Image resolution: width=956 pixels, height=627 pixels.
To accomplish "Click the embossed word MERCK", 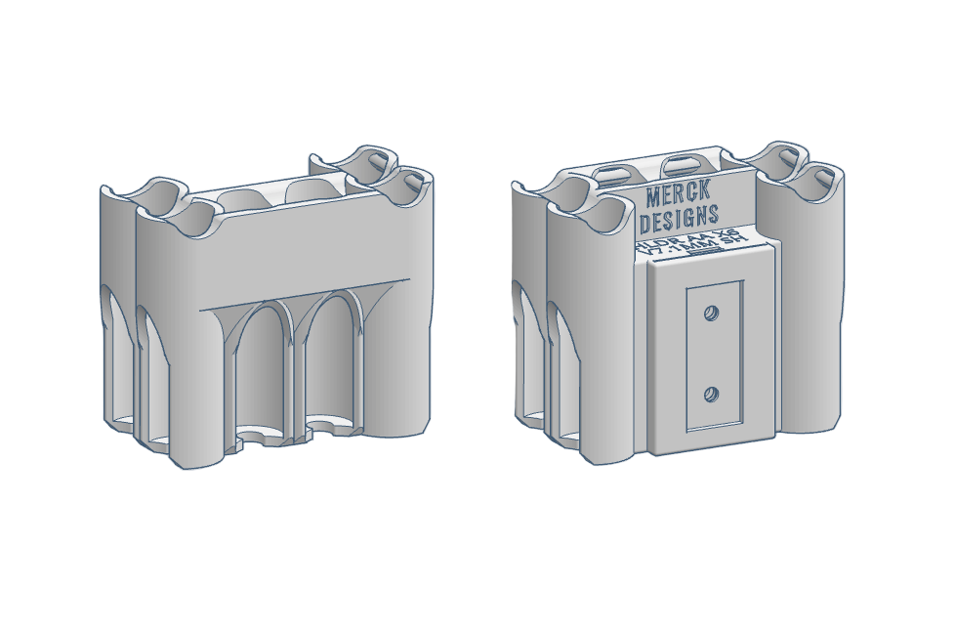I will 681,194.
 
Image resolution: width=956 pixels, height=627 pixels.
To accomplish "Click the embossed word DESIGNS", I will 682,216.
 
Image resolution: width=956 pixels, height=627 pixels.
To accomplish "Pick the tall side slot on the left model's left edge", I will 110,361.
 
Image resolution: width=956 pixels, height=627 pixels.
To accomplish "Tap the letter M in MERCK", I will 652,198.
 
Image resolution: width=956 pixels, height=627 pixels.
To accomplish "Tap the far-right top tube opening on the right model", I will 818,179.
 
